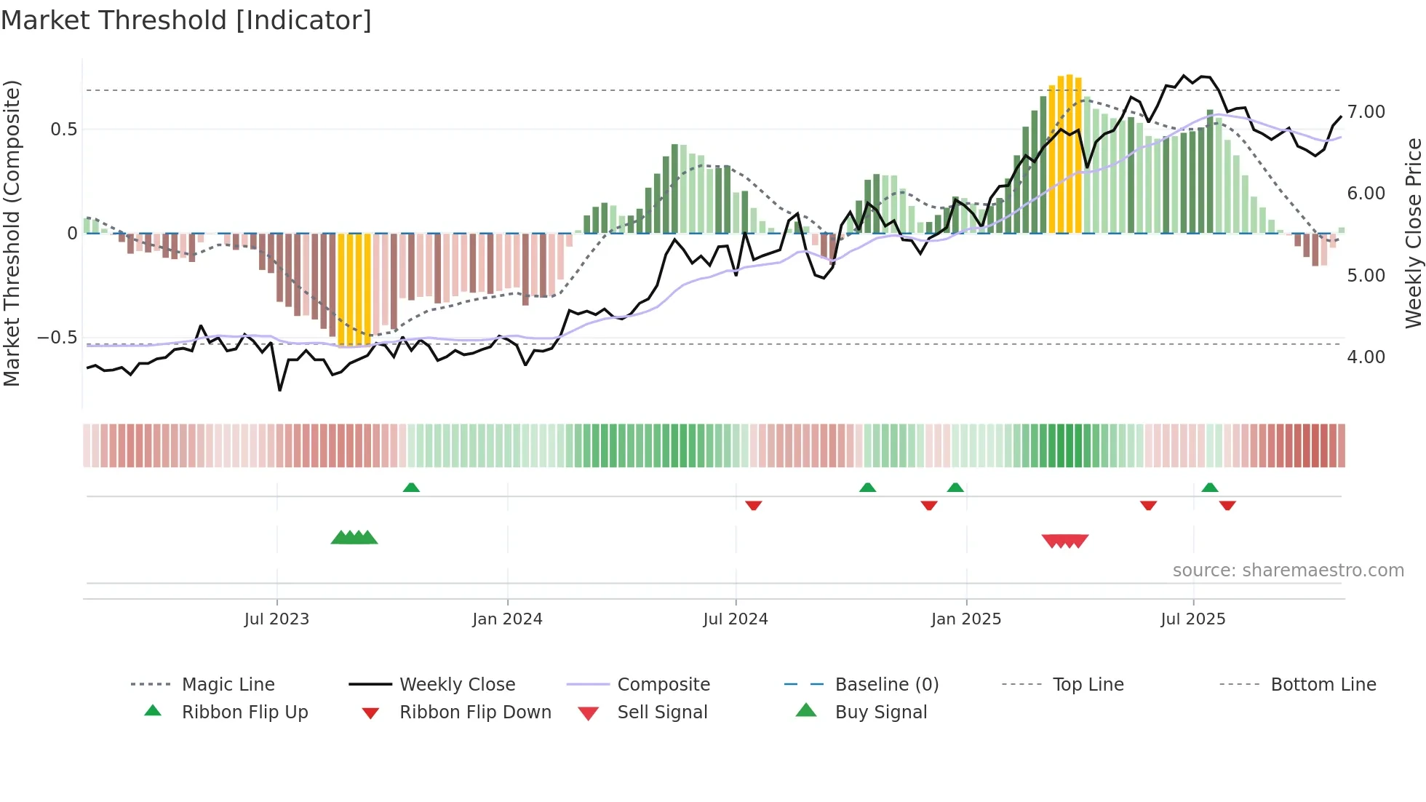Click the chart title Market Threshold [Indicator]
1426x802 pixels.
tap(186, 20)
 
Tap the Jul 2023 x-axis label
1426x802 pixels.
tap(276, 619)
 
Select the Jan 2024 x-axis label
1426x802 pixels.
tap(507, 619)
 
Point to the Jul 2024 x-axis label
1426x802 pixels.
tap(736, 619)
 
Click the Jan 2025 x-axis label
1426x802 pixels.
tap(966, 619)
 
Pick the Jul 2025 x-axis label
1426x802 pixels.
tap(1193, 619)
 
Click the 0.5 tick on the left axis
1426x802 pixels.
tap(63, 130)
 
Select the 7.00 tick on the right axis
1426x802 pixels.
tap(1366, 112)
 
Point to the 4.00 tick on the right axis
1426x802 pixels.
tap(1366, 357)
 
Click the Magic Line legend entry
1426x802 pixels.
tap(228, 685)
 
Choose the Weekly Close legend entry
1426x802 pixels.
tap(457, 685)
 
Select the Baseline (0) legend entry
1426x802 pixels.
tap(886, 685)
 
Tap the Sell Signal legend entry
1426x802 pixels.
tap(661, 712)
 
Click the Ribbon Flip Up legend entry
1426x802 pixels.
tap(244, 712)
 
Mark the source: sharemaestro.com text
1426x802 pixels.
tap(1288, 571)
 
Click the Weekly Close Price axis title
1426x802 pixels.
tap(1413, 233)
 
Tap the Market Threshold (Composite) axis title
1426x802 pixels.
tap(12, 233)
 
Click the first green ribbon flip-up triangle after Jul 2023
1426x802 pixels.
tap(411, 488)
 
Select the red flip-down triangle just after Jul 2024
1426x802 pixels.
tap(754, 505)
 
